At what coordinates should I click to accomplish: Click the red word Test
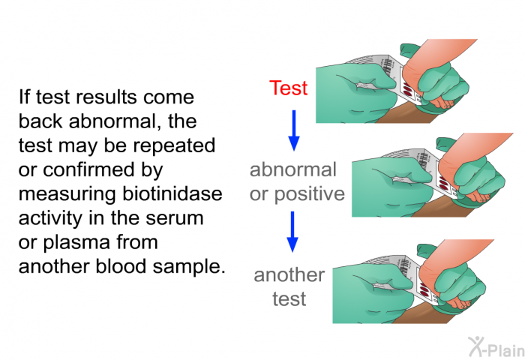(288, 88)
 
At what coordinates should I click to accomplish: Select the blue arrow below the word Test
(294, 130)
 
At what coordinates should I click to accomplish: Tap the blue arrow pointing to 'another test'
(292, 232)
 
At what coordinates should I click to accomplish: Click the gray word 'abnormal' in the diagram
(293, 169)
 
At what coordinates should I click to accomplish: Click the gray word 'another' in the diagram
(289, 275)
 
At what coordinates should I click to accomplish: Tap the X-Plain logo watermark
(496, 346)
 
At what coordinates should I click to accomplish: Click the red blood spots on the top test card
(408, 89)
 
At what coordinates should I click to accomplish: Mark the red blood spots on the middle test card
(444, 183)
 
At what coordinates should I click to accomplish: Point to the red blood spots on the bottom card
(424, 289)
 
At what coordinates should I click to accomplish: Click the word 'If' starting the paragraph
(24, 97)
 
